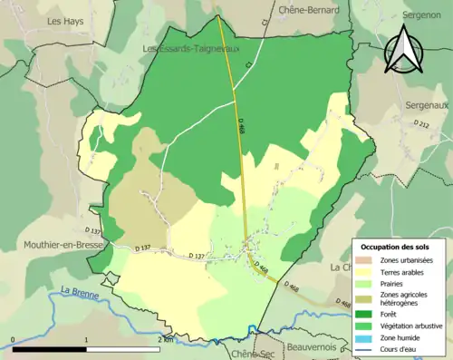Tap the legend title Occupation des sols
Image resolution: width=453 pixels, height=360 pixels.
pos(400,247)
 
